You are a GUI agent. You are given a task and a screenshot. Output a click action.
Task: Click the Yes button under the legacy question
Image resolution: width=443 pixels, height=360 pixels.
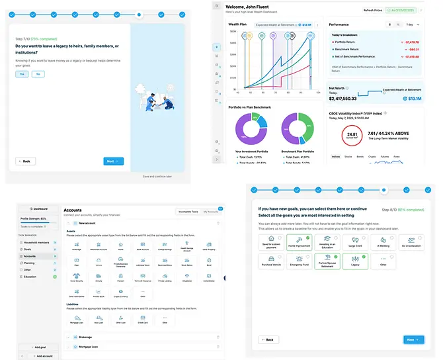[22, 74]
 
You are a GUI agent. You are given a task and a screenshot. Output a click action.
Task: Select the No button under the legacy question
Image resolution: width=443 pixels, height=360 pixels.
[38, 74]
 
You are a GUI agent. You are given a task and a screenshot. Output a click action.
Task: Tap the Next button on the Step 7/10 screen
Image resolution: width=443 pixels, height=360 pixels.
[114, 161]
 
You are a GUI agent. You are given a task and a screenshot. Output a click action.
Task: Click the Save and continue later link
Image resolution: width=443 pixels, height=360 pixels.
[157, 177]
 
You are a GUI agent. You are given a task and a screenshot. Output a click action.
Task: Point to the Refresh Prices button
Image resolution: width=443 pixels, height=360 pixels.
[372, 10]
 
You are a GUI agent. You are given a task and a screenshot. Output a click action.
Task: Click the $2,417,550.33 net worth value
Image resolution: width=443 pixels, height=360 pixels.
[352, 98]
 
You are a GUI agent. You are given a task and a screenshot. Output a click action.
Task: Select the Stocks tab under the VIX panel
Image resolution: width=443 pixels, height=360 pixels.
[348, 157]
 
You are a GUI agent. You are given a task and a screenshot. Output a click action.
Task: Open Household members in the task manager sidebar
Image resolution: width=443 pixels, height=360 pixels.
[38, 243]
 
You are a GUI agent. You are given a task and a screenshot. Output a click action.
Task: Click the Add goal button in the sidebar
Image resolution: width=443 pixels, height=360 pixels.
[38, 347]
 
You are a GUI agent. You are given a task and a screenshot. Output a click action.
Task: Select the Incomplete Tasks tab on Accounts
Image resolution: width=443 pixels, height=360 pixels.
[188, 212]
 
